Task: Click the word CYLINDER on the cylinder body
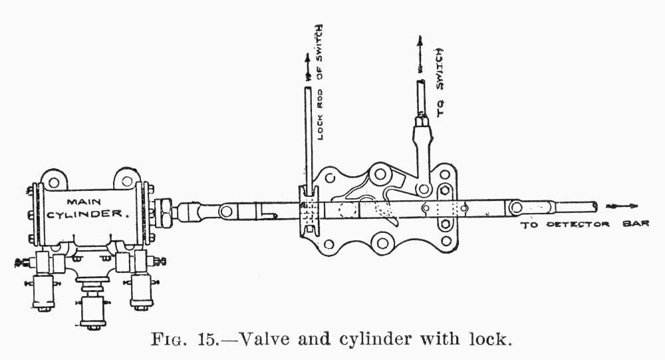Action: coord(86,215)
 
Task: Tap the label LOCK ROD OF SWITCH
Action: coord(321,83)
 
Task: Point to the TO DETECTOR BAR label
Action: coord(583,224)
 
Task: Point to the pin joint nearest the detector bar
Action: coord(515,207)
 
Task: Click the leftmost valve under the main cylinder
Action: coord(43,292)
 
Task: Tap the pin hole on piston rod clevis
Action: coord(226,212)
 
